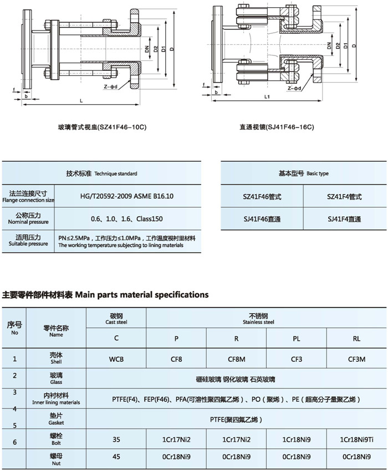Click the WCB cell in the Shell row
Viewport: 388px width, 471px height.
(116, 359)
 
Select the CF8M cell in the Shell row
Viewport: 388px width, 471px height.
(237, 359)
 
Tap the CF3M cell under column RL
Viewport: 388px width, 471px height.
(356, 359)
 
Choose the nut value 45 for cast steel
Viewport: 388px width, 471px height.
(116, 457)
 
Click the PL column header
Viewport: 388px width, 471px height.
(297, 337)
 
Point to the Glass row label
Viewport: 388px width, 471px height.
(56, 377)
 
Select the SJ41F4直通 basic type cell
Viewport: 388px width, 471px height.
(344, 219)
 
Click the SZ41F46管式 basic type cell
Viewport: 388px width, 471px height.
(262, 197)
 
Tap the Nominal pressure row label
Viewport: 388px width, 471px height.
(29, 218)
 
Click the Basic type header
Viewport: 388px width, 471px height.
(303, 173)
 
